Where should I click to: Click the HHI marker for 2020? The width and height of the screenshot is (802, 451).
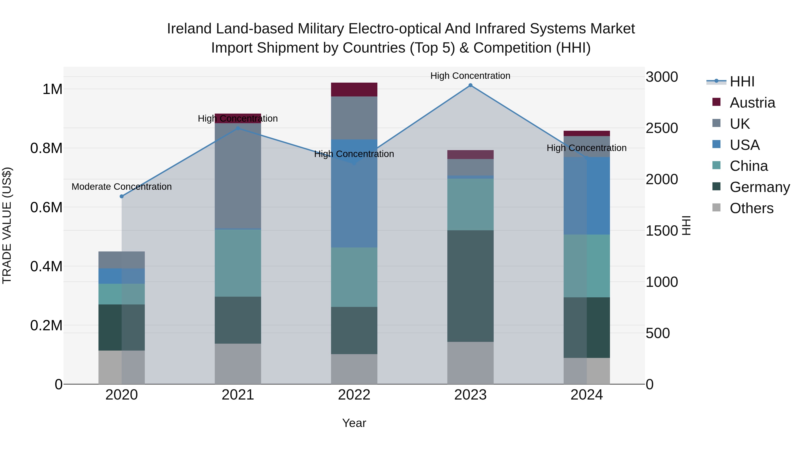pyautogui.click(x=122, y=196)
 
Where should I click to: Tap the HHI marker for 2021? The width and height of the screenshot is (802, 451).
pyautogui.click(x=238, y=128)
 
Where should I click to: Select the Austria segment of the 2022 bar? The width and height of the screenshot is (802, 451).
pyautogui.click(x=354, y=90)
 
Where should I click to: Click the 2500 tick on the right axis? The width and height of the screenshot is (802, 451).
pyautogui.click(x=662, y=128)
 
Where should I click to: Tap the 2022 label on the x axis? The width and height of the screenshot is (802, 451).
pyautogui.click(x=354, y=395)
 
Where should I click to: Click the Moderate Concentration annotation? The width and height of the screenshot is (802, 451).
pyautogui.click(x=122, y=187)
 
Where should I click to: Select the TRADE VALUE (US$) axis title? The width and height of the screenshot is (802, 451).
pyautogui.click(x=7, y=225)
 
